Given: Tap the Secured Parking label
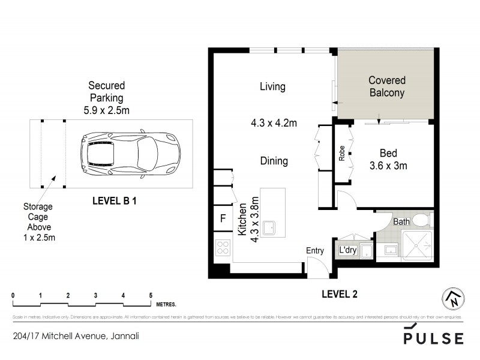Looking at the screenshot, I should tap(106, 97).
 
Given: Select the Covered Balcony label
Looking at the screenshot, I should tap(386, 86).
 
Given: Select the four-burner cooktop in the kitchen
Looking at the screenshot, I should tap(223, 248).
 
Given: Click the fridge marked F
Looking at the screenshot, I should tap(223, 218).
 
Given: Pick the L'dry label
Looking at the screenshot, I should tap(348, 250).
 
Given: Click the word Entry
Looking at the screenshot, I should tap(315, 251).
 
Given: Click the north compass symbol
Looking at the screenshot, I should tap(453, 298).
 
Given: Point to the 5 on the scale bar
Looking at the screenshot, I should tap(151, 295).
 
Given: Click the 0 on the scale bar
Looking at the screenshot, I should tap(13, 295).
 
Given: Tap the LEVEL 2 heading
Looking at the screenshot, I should tap(339, 293).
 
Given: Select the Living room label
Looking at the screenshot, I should tap(272, 86).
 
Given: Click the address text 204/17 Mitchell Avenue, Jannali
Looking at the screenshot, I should tap(76, 337).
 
